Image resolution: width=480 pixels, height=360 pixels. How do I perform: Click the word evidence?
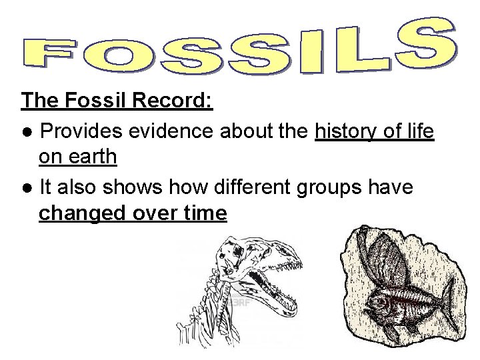(181, 131)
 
